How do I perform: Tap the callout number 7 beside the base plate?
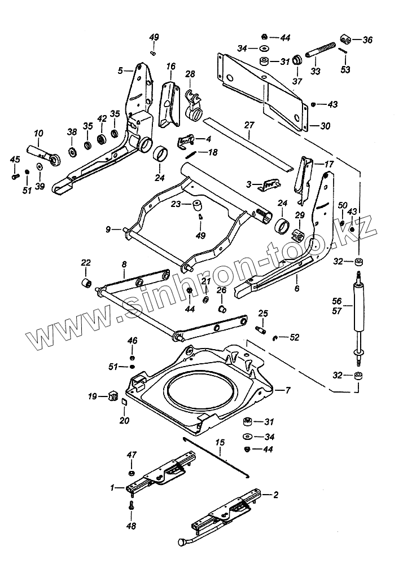(x=287, y=390)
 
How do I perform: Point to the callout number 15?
(x=220, y=443)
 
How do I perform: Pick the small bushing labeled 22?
(x=86, y=282)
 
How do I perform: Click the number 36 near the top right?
(x=367, y=39)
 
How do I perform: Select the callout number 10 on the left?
(x=39, y=134)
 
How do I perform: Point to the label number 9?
(x=107, y=229)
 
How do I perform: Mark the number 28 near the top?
(x=190, y=74)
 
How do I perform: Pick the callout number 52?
(x=294, y=337)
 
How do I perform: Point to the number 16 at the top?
(x=171, y=67)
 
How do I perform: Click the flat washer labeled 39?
(x=39, y=168)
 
